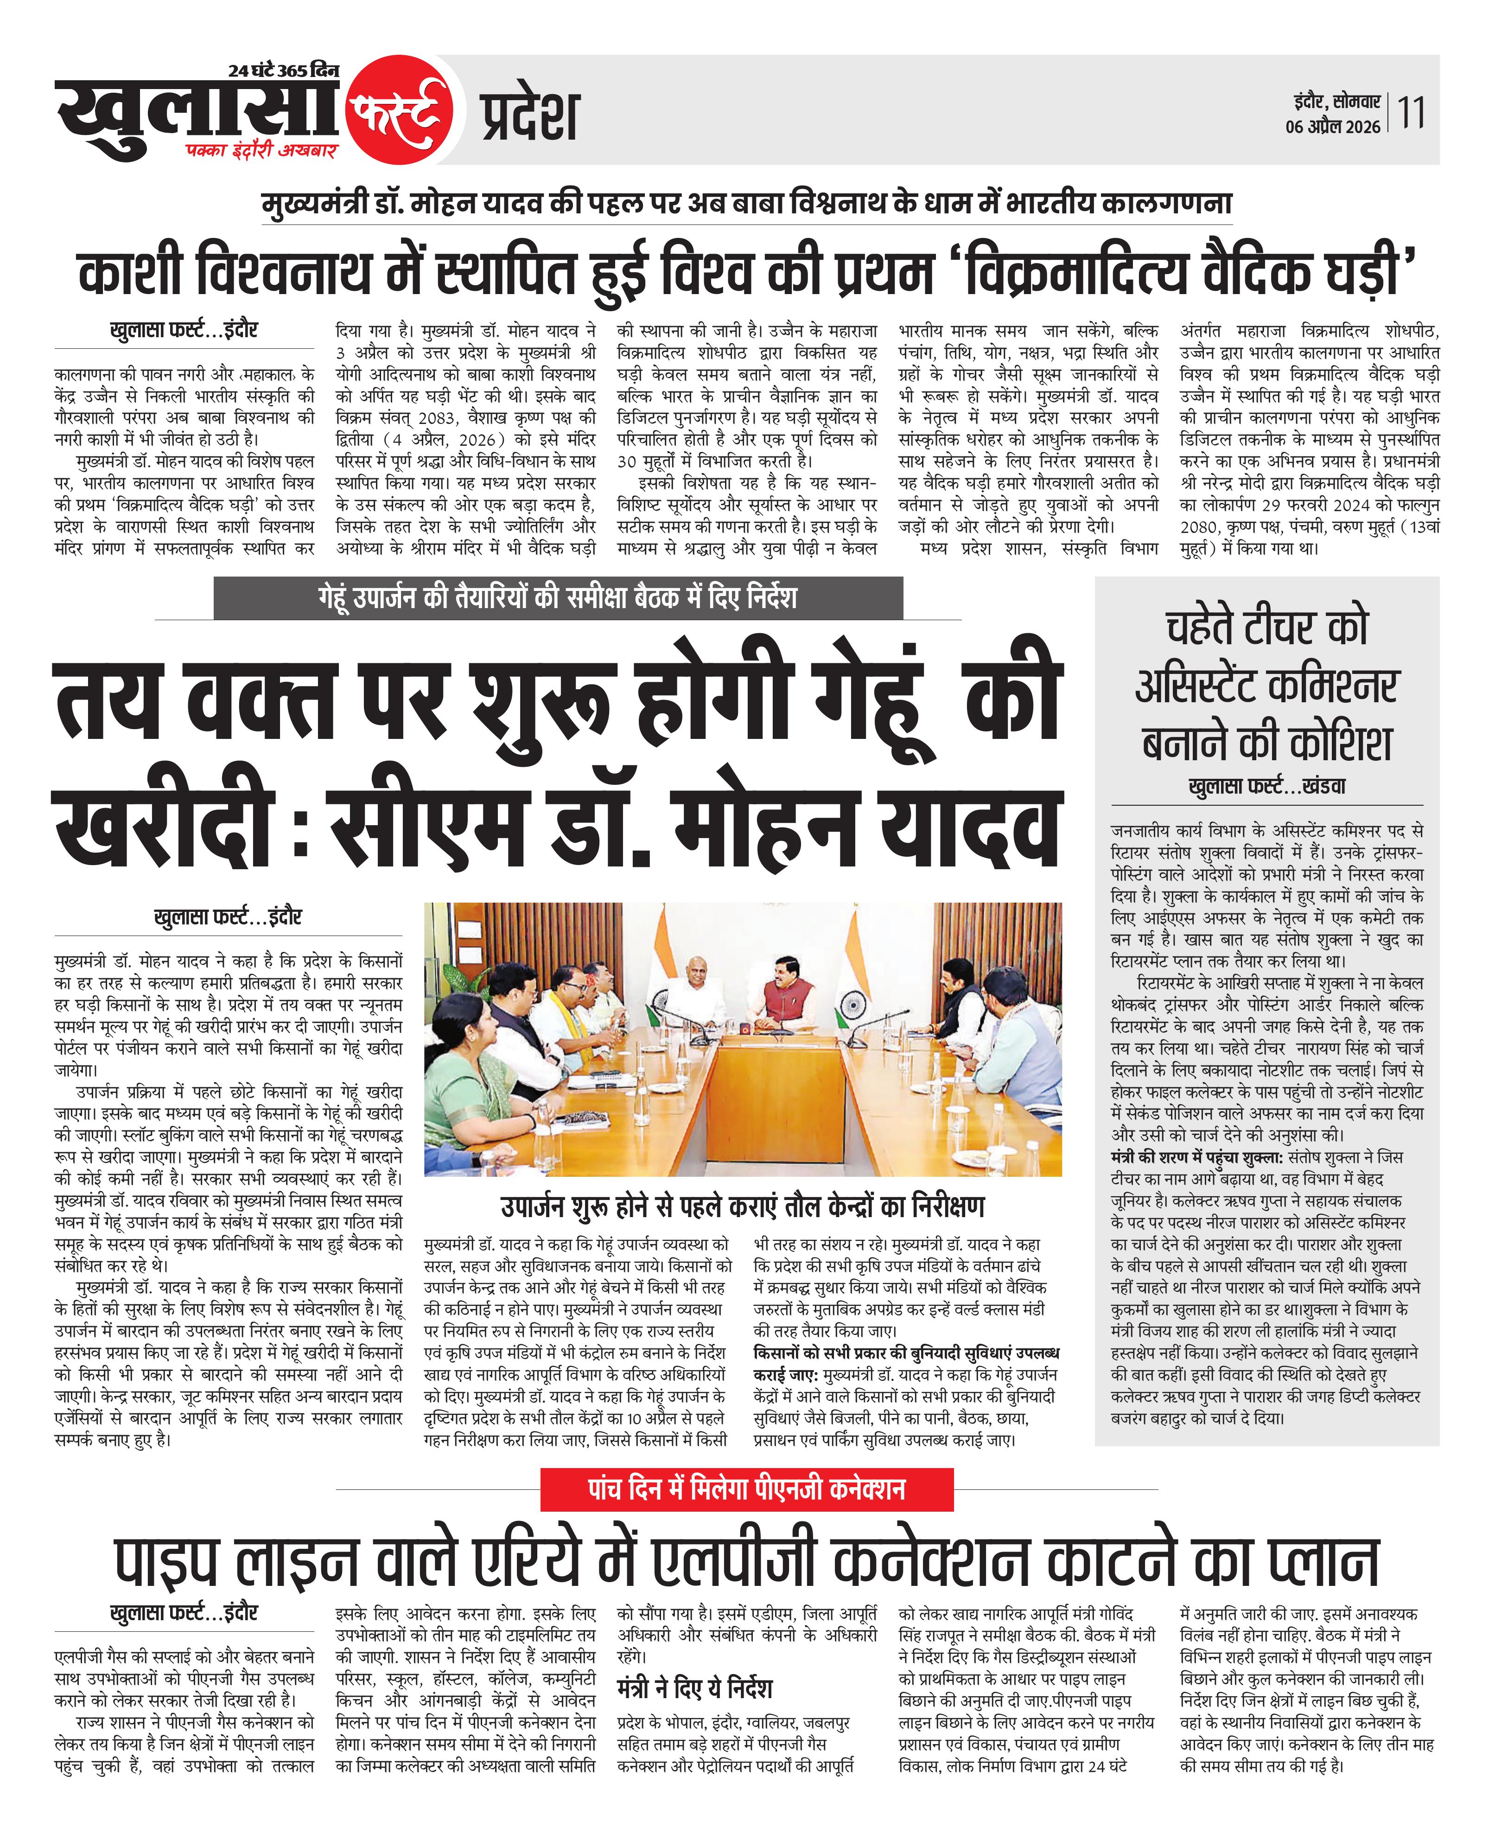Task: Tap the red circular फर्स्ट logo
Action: pos(399,109)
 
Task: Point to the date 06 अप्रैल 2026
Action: pos(1332,127)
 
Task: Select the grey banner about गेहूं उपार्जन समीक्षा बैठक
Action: pos(558,598)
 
